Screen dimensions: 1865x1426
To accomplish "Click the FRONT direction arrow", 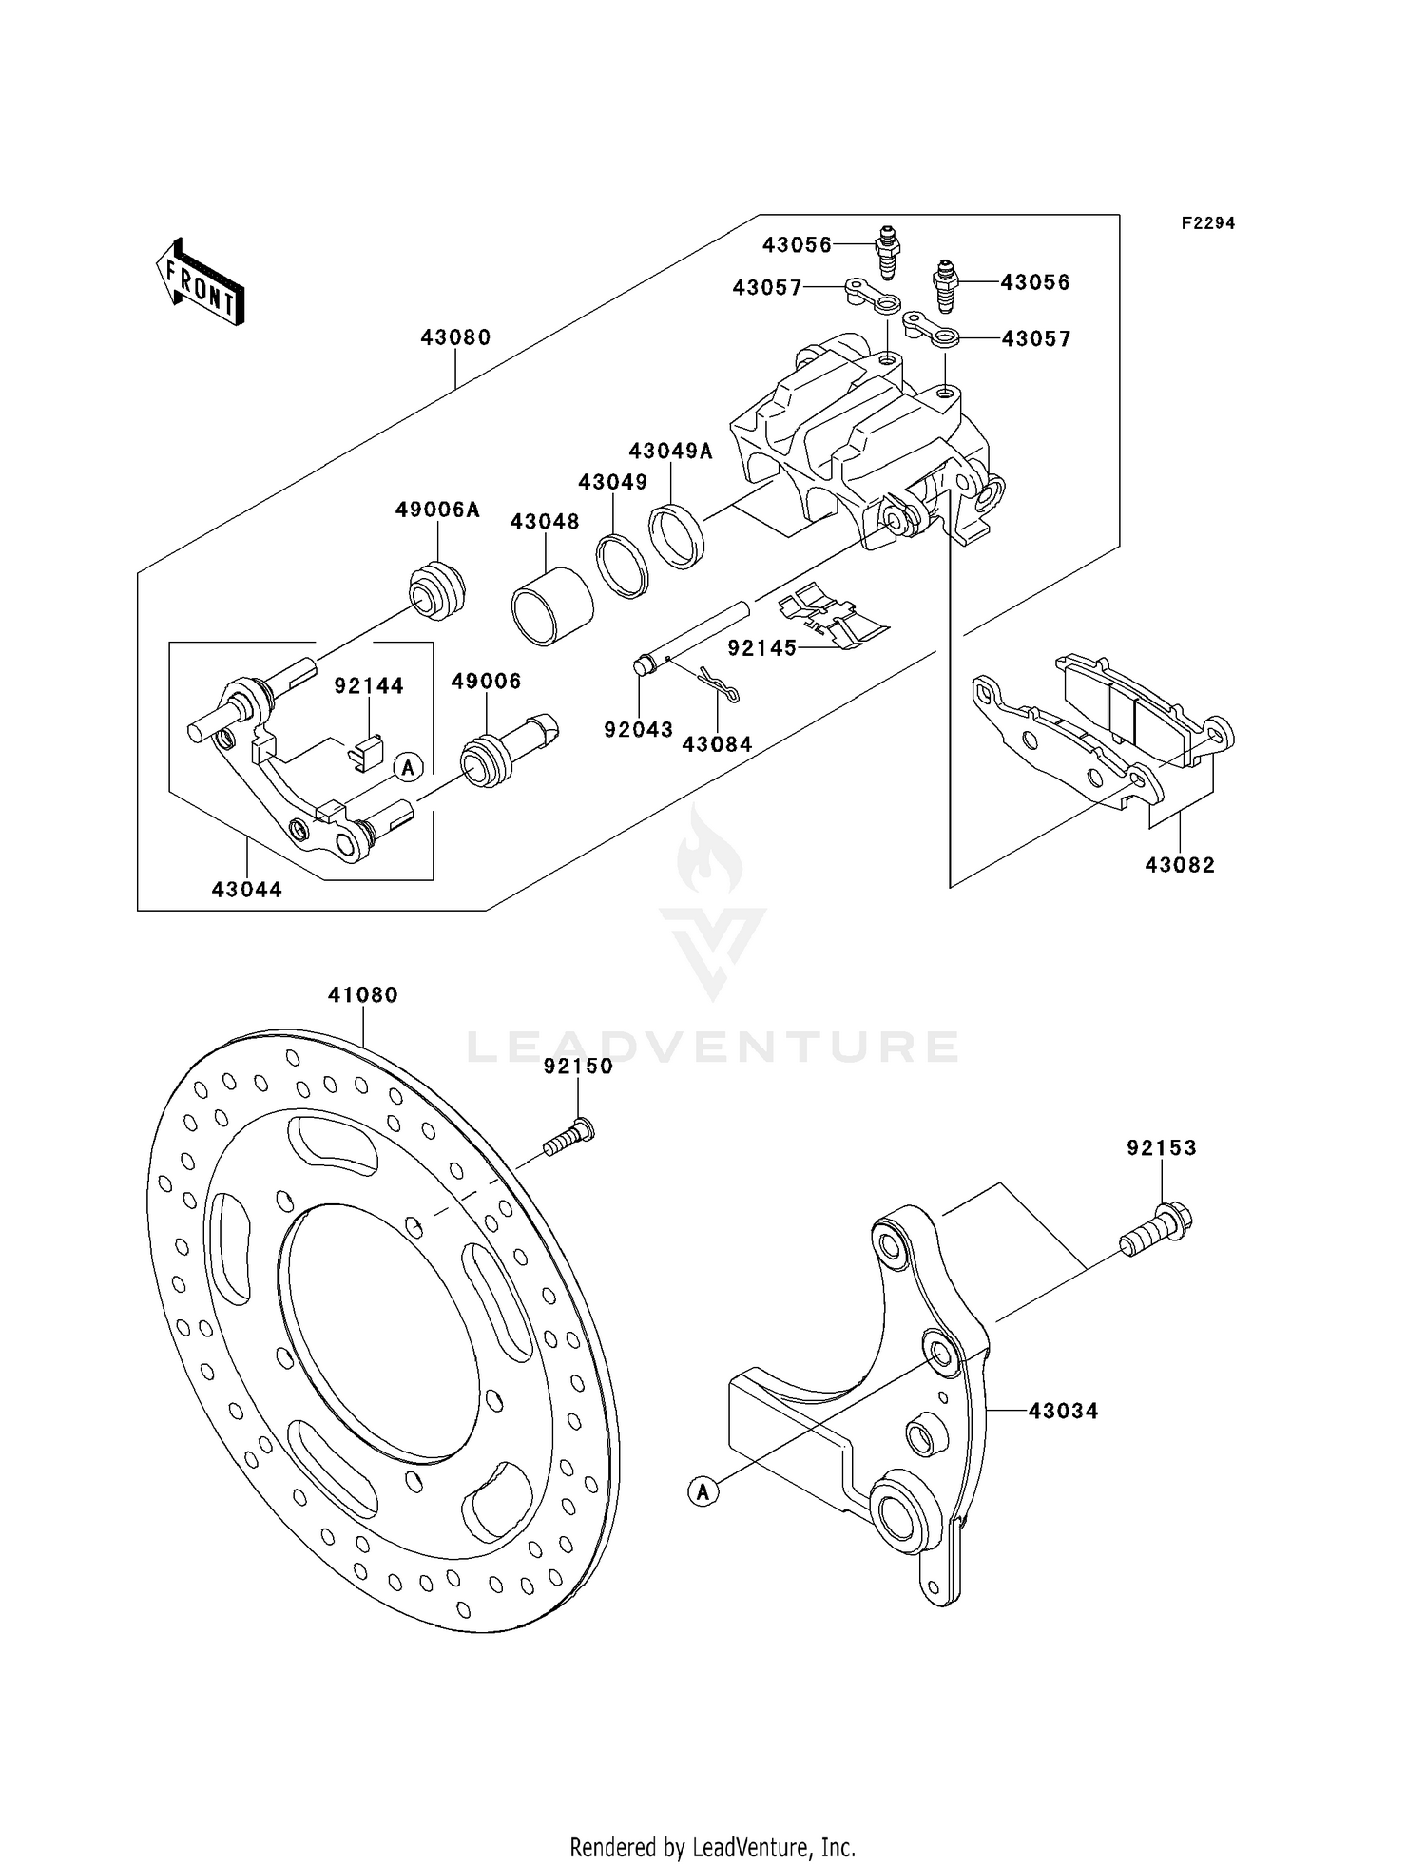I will (x=200, y=283).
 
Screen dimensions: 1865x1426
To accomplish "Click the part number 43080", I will (x=455, y=337).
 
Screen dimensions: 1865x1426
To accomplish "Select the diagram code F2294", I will (x=1207, y=223).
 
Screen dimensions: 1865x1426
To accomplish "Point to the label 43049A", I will (x=670, y=451).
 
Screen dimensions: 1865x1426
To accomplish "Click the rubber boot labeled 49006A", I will (x=437, y=593).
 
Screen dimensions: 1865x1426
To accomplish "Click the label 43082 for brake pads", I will (x=1180, y=865).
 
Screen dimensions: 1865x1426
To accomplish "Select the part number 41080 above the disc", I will (x=362, y=995).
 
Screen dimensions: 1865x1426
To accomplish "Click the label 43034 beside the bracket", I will (x=1063, y=1412).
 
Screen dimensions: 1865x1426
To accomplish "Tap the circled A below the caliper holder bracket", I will (x=703, y=1491).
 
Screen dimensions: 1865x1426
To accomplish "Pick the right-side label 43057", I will (x=1035, y=339).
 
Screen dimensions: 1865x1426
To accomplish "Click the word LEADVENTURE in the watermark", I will (x=712, y=1048).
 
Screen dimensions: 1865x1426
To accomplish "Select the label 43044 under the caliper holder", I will (x=246, y=890).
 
